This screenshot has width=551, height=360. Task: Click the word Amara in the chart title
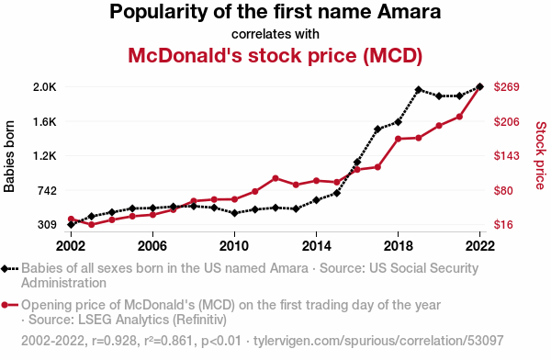pyautogui.click(x=409, y=11)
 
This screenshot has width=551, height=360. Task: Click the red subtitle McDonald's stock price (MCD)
pyautogui.click(x=275, y=55)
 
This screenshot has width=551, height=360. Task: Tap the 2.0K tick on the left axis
pyautogui.click(x=45, y=87)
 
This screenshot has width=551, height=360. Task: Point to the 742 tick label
pyautogui.click(x=47, y=190)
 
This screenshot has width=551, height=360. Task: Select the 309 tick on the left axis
pyautogui.click(x=47, y=225)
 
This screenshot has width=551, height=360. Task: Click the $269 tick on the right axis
pyautogui.click(x=506, y=87)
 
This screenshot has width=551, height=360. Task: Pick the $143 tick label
pyautogui.click(x=506, y=156)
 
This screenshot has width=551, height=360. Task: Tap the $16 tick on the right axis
pyautogui.click(x=503, y=225)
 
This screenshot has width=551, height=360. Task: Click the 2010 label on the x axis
pyautogui.click(x=234, y=246)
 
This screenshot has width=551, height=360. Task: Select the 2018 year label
pyautogui.click(x=398, y=246)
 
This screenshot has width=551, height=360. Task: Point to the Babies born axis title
pyautogui.click(x=9, y=156)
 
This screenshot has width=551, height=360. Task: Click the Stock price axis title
pyautogui.click(x=541, y=156)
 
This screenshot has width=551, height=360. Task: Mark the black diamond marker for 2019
pyautogui.click(x=418, y=90)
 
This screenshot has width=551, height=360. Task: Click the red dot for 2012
pyautogui.click(x=275, y=178)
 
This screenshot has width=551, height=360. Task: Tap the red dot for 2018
pyautogui.click(x=399, y=139)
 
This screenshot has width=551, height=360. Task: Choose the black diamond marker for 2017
pyautogui.click(x=377, y=129)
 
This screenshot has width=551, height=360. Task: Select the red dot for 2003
pyautogui.click(x=91, y=224)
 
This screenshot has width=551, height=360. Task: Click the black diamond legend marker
pyautogui.click(x=5, y=269)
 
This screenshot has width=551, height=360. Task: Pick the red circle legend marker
pyautogui.click(x=5, y=305)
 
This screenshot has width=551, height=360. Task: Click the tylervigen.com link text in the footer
pyautogui.click(x=378, y=341)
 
